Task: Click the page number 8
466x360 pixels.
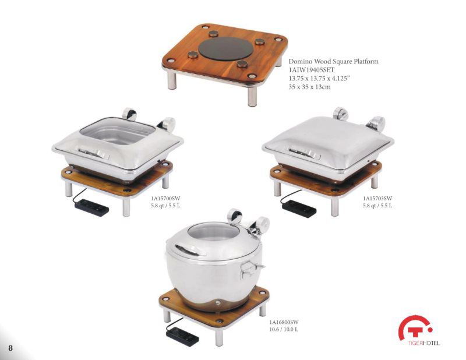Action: click(10, 348)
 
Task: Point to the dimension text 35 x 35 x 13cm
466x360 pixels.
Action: click(310, 87)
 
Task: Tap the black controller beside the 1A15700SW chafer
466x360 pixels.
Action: click(92, 207)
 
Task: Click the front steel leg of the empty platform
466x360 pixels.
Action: click(252, 96)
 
